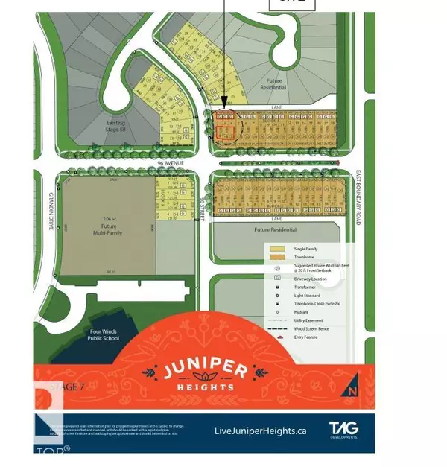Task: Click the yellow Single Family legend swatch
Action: [276, 248]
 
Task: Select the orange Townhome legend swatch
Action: [276, 258]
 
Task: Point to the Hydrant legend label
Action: [297, 312]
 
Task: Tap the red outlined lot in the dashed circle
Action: [225, 131]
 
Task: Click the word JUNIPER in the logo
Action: [203, 369]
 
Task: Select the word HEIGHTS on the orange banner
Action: [203, 387]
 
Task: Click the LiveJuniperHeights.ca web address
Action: [260, 431]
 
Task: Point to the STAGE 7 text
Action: [66, 387]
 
